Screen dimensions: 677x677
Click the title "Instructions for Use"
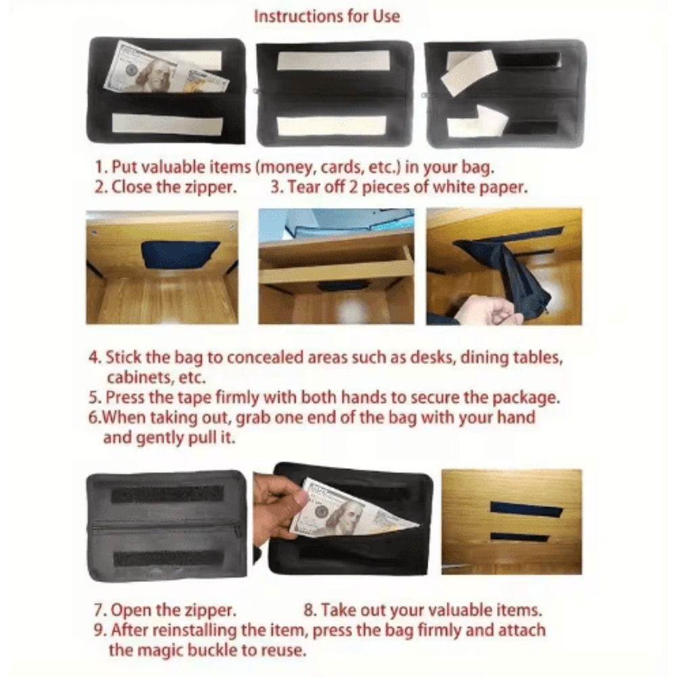coord(326,16)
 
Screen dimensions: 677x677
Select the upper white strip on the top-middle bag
coord(334,61)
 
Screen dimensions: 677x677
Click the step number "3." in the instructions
coord(277,188)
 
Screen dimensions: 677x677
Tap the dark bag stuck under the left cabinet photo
coord(179,254)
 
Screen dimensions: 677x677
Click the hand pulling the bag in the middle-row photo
coord(487,311)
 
